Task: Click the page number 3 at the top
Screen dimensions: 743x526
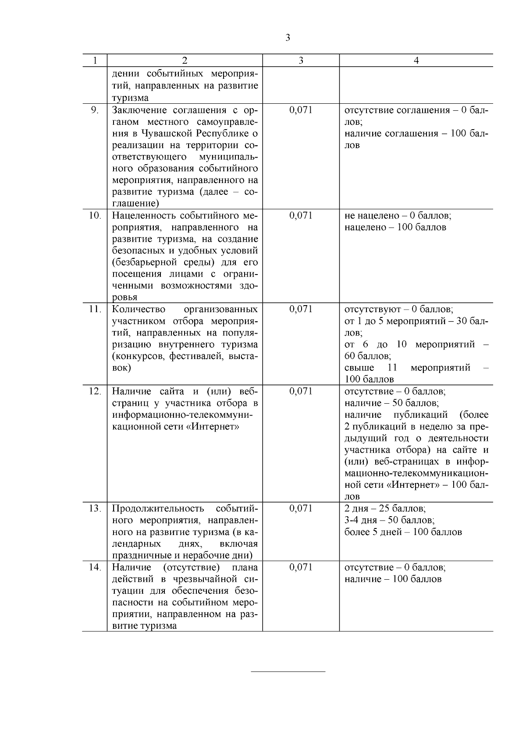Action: [288, 38]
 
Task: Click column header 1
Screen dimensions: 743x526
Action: [95, 60]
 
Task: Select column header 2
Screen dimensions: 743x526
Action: [185, 60]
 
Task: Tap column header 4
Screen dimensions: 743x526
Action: [416, 60]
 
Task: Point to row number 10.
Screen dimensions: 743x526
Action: [95, 215]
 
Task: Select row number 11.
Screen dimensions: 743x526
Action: [95, 309]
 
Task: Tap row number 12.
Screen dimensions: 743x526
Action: [95, 391]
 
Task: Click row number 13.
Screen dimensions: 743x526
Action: [95, 508]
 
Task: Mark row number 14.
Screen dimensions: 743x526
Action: [95, 567]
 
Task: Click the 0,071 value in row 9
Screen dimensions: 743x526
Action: [301, 110]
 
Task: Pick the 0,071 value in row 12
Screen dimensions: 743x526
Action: [301, 391]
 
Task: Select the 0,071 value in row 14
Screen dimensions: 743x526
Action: [301, 567]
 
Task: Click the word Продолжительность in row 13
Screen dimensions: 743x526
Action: [158, 508]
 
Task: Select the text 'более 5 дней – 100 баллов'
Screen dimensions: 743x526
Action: [403, 532]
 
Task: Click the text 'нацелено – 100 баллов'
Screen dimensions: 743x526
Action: [395, 227]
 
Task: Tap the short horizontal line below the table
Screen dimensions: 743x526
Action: [288, 671]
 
